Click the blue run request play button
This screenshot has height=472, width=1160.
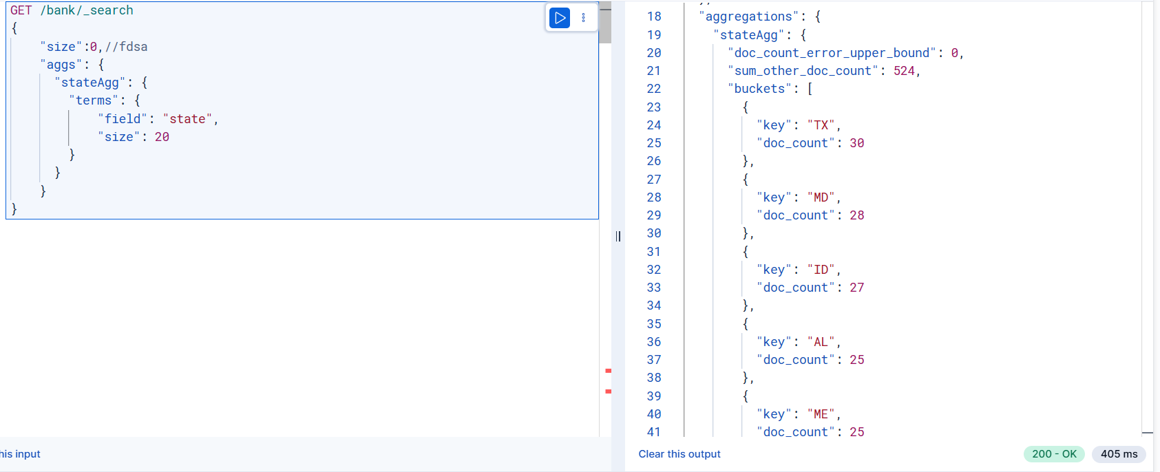(559, 18)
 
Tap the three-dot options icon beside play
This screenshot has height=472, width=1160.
(584, 18)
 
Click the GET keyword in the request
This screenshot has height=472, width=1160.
(21, 10)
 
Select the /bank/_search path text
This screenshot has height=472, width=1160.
(87, 10)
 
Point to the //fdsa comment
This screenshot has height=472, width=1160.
(126, 47)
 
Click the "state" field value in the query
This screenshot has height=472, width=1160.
(187, 119)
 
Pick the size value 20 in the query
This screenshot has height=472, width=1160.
(162, 137)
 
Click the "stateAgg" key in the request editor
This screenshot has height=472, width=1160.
(90, 83)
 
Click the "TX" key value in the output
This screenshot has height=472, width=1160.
(821, 125)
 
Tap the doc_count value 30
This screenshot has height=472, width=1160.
(857, 143)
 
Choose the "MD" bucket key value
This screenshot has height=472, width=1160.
(821, 197)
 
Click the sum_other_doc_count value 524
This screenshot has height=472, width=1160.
(904, 71)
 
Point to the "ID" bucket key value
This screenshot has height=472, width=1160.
(821, 270)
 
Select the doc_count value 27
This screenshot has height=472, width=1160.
(857, 288)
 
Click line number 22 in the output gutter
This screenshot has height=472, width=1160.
(654, 89)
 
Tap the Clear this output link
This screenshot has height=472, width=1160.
(679, 454)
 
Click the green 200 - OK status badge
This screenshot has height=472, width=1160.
(1055, 454)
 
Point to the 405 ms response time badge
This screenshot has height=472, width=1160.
(1119, 454)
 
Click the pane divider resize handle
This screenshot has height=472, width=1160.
(618, 237)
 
